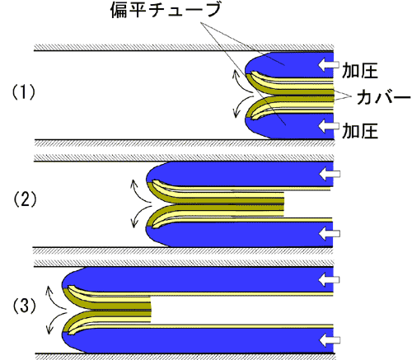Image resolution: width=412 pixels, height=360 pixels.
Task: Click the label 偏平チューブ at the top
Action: coord(166,11)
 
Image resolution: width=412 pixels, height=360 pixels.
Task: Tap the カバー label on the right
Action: coord(384,96)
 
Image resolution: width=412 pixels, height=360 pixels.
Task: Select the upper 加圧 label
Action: coord(360,71)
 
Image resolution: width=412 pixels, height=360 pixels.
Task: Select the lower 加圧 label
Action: coord(360,131)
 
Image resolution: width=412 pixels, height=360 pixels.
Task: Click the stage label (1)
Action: coord(24,92)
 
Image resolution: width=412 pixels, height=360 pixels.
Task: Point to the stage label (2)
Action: coord(25,199)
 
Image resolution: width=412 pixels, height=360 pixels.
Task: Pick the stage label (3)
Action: coord(25,306)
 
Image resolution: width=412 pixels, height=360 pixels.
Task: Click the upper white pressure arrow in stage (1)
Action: coord(328,65)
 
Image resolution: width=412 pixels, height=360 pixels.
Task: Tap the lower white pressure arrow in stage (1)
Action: coord(329,126)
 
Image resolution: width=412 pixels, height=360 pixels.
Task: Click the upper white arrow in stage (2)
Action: coord(330,174)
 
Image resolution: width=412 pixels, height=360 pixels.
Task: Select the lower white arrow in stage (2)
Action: coord(330,234)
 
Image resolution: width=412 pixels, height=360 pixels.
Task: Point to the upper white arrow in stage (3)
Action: coord(329,280)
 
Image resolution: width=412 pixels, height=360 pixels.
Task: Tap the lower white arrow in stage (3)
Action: coord(330,340)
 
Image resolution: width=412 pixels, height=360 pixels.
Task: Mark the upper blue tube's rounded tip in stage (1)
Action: coord(246,67)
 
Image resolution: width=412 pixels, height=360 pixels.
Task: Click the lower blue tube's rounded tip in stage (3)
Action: coord(63,340)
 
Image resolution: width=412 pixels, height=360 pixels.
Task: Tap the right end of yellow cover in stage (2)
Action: coord(283,204)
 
